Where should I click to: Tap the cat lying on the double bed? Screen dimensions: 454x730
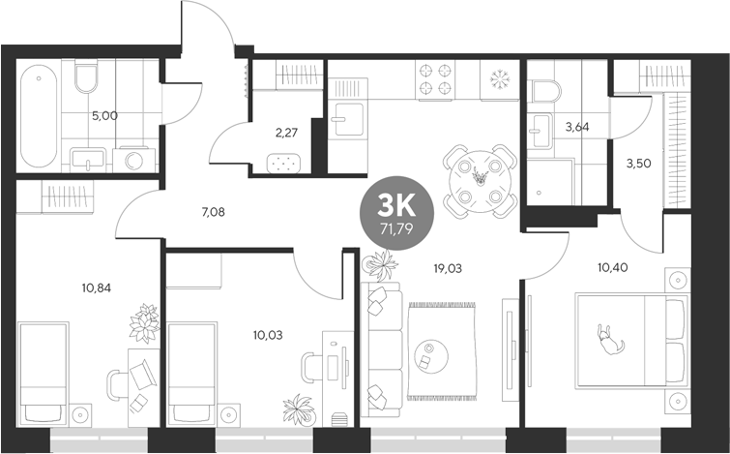click(609, 342)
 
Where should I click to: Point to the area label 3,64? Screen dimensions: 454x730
click(577, 126)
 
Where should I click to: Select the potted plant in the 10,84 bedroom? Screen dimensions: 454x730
click(145, 322)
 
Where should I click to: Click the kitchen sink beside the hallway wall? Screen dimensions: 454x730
click(344, 122)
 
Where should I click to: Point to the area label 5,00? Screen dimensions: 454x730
click(104, 115)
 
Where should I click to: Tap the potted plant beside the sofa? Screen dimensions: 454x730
click(379, 264)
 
